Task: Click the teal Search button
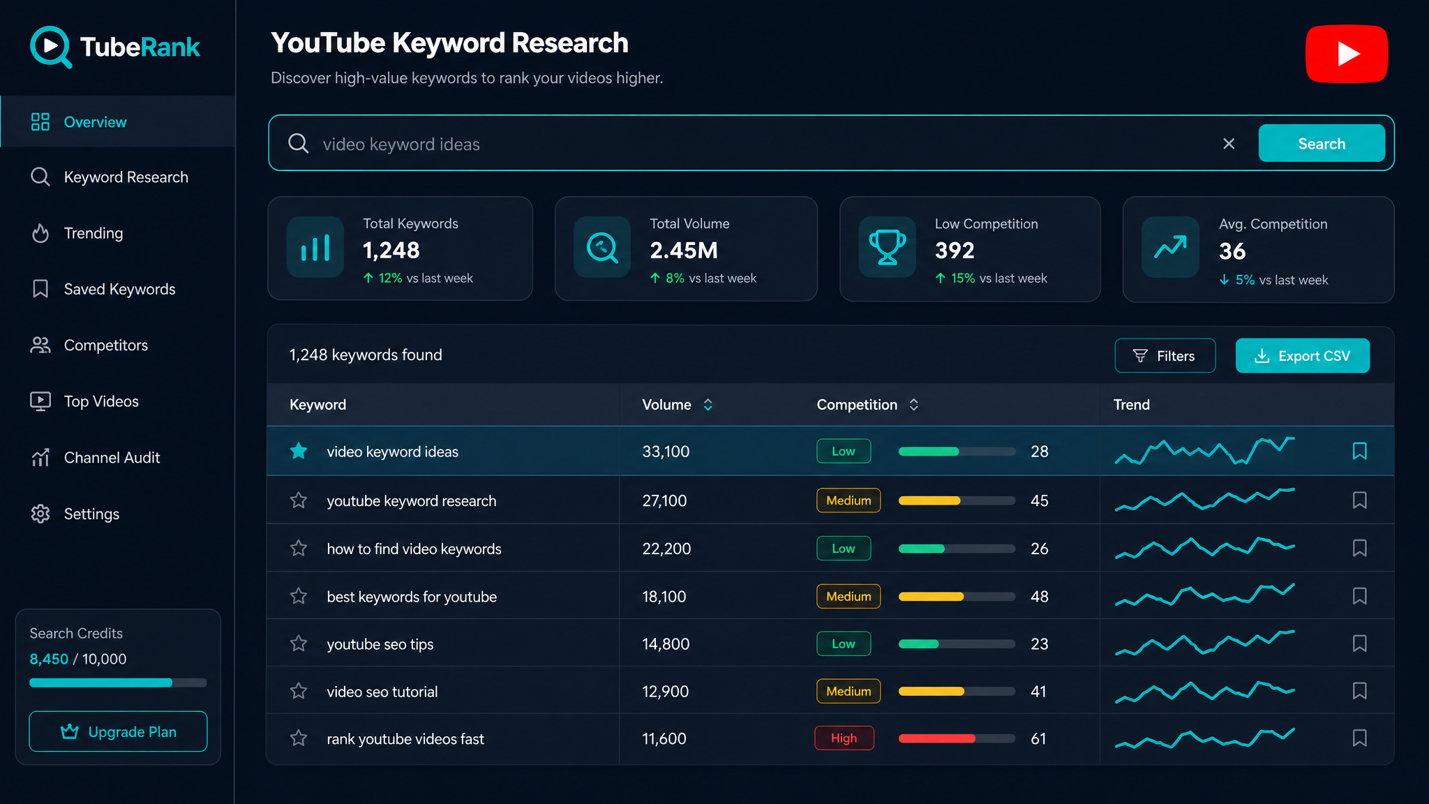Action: pos(1322,143)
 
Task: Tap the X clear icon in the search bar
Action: pos(1229,144)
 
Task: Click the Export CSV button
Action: pos(1302,356)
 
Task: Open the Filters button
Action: pos(1165,356)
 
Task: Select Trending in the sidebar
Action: pos(93,233)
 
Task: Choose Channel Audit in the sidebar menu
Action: pos(112,458)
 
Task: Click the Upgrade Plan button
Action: pos(118,731)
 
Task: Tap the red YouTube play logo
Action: pos(1347,54)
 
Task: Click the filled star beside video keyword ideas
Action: pos(299,451)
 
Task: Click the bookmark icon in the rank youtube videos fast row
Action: pos(1359,738)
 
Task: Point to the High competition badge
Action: pos(844,738)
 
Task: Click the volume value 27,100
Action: pos(664,500)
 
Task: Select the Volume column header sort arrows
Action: pos(708,405)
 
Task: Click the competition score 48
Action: pos(1039,597)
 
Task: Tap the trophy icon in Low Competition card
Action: pos(888,248)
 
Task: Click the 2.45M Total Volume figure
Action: pos(684,251)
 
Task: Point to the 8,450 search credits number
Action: pos(49,659)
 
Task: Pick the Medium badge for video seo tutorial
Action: pos(848,691)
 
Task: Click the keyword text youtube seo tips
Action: pos(380,644)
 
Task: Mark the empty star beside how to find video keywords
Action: pos(299,548)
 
